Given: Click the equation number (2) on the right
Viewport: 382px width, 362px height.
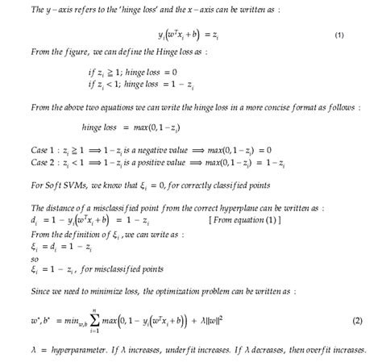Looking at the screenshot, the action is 357,322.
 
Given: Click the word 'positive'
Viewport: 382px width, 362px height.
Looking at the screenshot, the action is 131,163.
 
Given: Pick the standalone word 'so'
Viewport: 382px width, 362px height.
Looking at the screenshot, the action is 13,260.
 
